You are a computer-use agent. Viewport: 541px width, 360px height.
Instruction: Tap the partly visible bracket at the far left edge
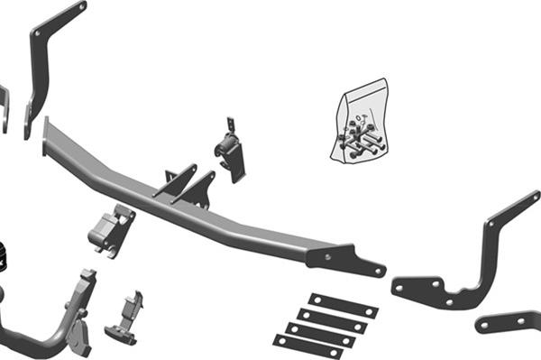4,106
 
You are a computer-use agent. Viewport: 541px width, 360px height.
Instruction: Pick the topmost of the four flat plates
343,305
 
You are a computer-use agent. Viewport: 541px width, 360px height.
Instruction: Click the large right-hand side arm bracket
478,262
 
